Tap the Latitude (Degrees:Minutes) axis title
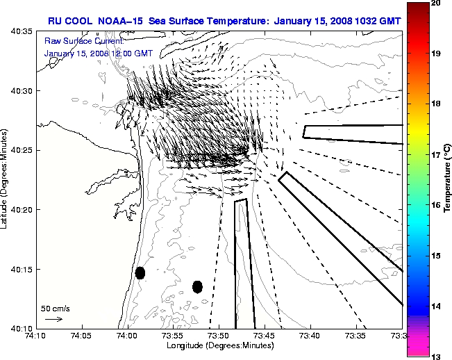click(x=5, y=179)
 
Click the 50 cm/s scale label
click(x=55, y=308)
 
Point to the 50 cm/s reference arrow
click(x=53, y=319)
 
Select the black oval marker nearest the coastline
click(x=140, y=272)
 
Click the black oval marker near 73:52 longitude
click(x=197, y=286)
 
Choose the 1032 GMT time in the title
click(x=367, y=20)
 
